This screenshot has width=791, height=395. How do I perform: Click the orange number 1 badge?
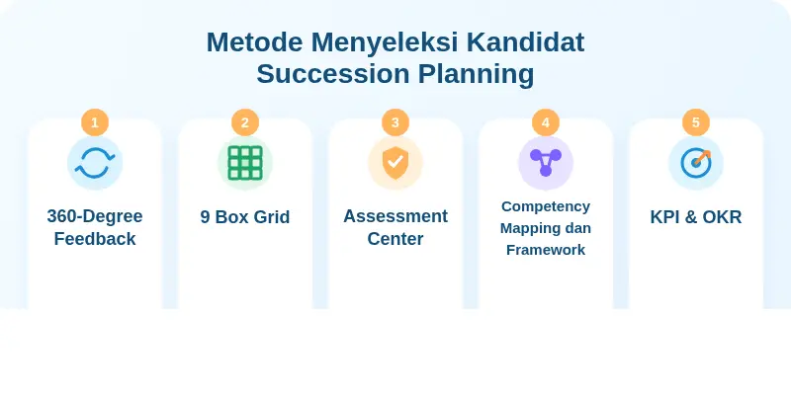[95, 122]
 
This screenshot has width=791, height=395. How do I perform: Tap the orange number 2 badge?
[245, 122]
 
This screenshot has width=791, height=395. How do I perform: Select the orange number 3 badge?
[395, 122]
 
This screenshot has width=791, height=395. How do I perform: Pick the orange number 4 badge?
[546, 122]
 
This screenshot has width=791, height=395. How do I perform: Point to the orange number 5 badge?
[696, 122]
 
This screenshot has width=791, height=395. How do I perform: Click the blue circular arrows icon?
[95, 163]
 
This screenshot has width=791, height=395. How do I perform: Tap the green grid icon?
[245, 163]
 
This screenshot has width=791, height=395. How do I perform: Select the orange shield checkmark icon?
[395, 163]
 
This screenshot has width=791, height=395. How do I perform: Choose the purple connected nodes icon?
[546, 163]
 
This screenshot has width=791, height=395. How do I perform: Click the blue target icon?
[696, 163]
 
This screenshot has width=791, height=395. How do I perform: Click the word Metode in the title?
[253, 42]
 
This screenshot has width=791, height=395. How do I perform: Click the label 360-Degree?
[95, 216]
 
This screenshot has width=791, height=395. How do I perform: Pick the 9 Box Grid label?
[245, 217]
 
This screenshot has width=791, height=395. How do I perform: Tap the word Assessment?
[395, 216]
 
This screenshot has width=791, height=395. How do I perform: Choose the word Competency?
[546, 206]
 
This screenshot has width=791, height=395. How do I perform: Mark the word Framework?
[546, 250]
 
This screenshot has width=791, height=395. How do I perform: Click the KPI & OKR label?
[696, 217]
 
